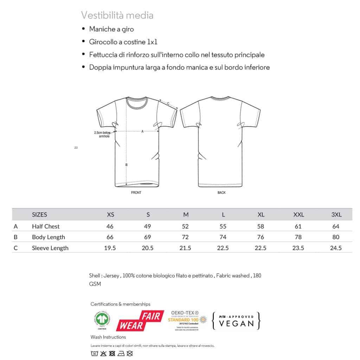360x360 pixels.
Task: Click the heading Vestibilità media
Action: point(117,15)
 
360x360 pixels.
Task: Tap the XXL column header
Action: point(298,215)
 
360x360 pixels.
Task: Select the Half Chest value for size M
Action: point(185,226)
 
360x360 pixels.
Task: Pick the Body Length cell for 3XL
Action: point(336,237)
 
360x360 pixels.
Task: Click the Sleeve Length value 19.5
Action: point(110,248)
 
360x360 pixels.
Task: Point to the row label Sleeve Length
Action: point(50,248)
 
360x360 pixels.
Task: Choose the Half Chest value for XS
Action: point(110,226)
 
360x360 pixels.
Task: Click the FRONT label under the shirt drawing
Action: point(136,193)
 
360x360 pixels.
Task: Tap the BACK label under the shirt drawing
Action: point(221,193)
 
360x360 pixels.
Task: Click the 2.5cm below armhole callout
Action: point(102,134)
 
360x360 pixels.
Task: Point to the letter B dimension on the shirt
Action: point(126,165)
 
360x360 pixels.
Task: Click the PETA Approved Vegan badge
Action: point(236,320)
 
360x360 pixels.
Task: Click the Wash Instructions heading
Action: point(108,337)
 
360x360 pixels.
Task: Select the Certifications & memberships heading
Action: point(120,304)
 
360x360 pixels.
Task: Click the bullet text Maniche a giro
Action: point(111,29)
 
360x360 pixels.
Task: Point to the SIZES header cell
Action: point(39,215)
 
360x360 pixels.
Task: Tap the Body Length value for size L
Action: point(223,237)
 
